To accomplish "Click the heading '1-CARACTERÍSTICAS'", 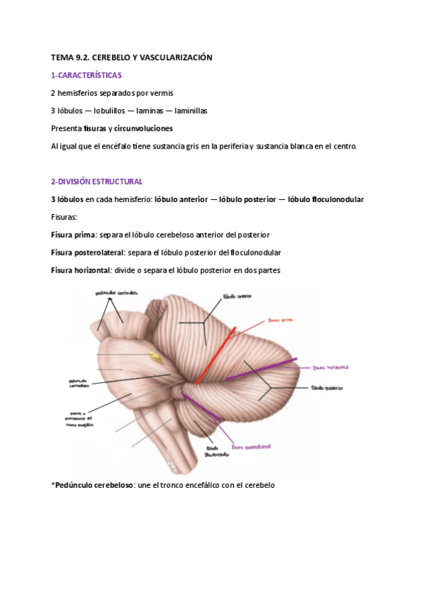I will click(x=86, y=75).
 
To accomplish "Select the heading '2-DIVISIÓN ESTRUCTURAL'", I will click(x=97, y=182).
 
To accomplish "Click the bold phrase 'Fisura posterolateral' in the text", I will click(x=88, y=252).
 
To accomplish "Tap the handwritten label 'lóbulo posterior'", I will click(x=329, y=388).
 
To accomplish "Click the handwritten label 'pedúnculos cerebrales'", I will click(x=116, y=293).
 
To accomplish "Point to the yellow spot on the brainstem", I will click(x=157, y=358).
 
